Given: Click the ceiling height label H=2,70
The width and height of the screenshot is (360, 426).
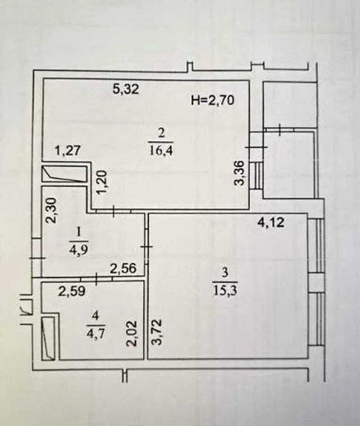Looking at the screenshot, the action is click(213, 100).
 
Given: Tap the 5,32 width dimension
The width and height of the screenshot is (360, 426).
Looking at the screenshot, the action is click(126, 89).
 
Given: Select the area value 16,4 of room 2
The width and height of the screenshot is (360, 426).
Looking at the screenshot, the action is click(161, 150).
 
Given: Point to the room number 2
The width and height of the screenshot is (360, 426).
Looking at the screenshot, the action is click(161, 134).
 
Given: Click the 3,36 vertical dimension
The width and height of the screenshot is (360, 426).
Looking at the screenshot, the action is click(241, 173).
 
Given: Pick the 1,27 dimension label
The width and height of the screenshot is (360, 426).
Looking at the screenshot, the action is click(68, 150).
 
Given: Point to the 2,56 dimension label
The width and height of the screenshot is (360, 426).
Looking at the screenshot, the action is click(122, 269).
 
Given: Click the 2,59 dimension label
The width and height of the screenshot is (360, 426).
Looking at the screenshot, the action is click(72, 292).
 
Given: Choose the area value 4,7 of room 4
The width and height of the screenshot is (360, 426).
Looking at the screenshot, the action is click(95, 332).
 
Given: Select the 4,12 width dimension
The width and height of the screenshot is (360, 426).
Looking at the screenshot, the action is click(271, 223).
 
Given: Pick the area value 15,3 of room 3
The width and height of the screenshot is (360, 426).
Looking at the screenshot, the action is click(225, 290).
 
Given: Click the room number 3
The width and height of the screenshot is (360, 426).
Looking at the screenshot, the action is click(225, 273).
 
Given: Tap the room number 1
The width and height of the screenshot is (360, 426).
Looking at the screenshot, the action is click(79, 232).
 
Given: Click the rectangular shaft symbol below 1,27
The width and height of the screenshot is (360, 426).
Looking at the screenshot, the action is click(65, 174).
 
